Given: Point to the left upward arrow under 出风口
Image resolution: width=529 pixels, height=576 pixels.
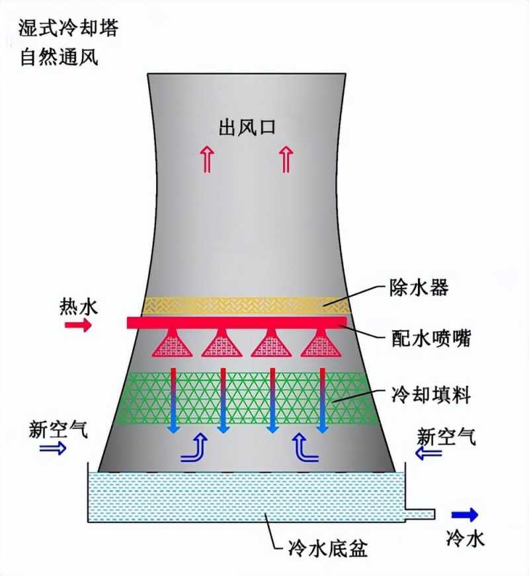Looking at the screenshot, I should coord(209,159).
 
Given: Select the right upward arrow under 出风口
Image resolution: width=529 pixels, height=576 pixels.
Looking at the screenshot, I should coord(286,159).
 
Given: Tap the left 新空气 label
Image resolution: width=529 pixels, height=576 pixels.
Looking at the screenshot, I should coord(58,430).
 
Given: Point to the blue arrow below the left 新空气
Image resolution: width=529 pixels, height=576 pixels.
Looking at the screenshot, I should coord(53,449).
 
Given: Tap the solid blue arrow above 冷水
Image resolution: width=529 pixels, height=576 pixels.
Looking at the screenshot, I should coord(465,514).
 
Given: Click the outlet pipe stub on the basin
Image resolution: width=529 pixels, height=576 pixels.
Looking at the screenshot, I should coord(419,514).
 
